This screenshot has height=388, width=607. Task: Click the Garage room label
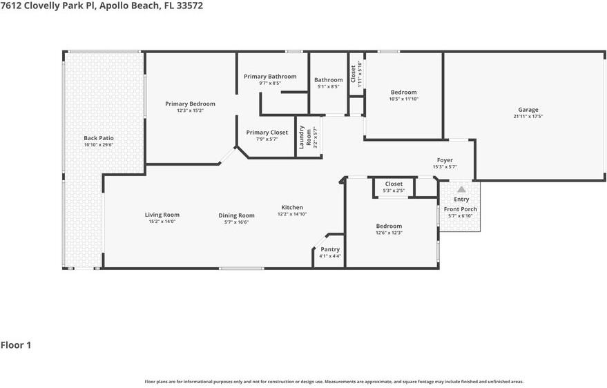point(528,110)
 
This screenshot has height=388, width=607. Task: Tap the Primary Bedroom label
point(190,104)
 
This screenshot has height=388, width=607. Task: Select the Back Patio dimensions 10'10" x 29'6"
point(99,145)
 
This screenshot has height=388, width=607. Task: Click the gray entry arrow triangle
point(461,189)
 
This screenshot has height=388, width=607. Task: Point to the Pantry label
point(330,249)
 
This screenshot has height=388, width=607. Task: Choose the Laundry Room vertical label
point(305,137)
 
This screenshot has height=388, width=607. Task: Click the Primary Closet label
point(267,133)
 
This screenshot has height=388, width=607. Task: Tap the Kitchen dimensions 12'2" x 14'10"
point(292,214)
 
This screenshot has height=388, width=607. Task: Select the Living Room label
point(162,215)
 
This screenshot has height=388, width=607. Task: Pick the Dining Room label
point(237,215)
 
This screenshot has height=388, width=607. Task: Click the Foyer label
point(445,160)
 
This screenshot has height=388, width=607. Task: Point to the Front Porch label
point(461,209)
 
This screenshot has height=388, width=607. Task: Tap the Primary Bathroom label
point(270,77)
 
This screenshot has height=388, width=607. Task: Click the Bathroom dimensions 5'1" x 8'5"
point(328,87)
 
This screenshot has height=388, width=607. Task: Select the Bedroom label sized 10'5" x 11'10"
point(404,92)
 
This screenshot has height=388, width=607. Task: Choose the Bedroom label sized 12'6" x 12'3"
point(389,226)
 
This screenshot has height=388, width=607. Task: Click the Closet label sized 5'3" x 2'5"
point(394,184)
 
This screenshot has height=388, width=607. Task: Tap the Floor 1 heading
point(16,345)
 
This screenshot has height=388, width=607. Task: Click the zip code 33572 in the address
point(189,6)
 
